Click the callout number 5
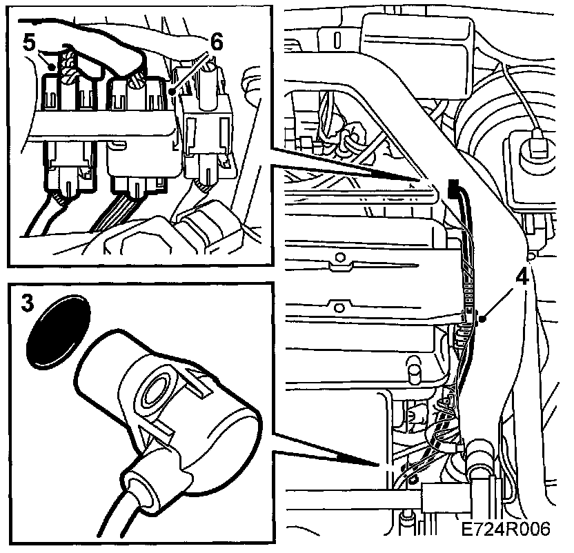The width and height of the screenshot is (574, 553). tap(29, 43)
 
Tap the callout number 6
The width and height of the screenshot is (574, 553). tap(217, 43)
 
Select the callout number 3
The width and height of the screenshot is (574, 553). tap(27, 303)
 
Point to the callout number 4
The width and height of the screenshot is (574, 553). tap(522, 277)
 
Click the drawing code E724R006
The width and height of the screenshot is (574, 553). tap(506, 529)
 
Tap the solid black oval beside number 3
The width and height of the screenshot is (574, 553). tap(59, 331)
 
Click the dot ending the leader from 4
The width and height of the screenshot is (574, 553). tap(483, 319)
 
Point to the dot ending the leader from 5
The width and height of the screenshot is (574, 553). tap(54, 67)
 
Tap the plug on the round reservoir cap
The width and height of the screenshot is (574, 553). tap(539, 145)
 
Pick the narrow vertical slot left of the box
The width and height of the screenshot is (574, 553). tap(337, 40)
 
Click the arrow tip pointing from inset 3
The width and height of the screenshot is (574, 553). tap(378, 465)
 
